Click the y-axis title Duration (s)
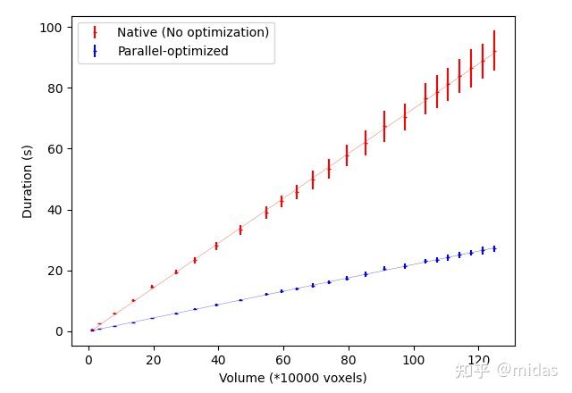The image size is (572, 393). (x=28, y=181)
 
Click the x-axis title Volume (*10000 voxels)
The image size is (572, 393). (x=293, y=378)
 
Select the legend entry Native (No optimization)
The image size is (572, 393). (x=193, y=32)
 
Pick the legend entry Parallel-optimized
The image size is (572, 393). (x=173, y=51)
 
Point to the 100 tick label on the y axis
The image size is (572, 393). (x=51, y=28)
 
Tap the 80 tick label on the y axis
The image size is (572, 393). (x=55, y=88)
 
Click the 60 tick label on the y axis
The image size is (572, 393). (x=55, y=149)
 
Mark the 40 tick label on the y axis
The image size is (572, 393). (x=55, y=210)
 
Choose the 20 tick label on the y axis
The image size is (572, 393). (x=55, y=271)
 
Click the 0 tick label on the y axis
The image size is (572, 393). (x=58, y=331)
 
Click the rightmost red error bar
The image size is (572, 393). (x=494, y=52)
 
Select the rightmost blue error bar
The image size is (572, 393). (x=494, y=248)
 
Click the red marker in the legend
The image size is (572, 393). (x=95, y=32)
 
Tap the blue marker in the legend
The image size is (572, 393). (x=95, y=51)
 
